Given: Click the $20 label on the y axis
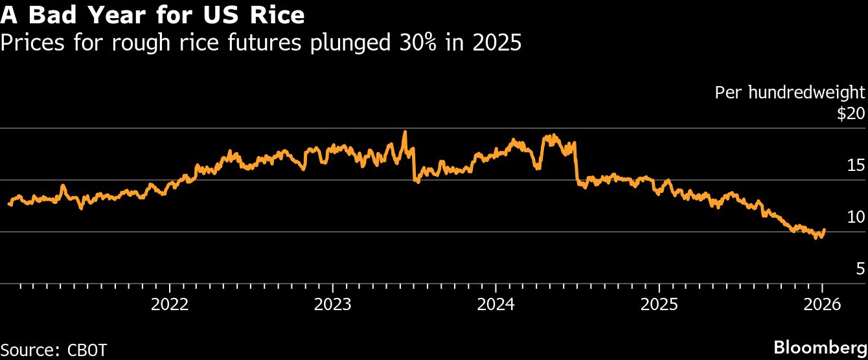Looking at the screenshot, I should [851, 114].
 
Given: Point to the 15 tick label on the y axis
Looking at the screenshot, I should [856, 165].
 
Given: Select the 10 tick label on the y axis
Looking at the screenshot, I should [856, 217].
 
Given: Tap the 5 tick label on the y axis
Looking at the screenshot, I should [860, 269].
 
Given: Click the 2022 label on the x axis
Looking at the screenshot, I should [170, 304].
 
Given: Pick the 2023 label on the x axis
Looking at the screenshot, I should [332, 304].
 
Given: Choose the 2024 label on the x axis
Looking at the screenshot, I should [496, 304].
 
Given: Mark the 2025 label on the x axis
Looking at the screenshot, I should [659, 304].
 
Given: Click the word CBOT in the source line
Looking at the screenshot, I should [87, 350].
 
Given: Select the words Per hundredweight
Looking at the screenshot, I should [790, 93].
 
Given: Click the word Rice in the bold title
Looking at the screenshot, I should [277, 14].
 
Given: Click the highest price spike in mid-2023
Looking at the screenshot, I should [405, 132].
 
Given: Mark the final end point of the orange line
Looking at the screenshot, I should [824, 229].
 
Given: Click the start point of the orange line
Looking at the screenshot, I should [8, 203].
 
